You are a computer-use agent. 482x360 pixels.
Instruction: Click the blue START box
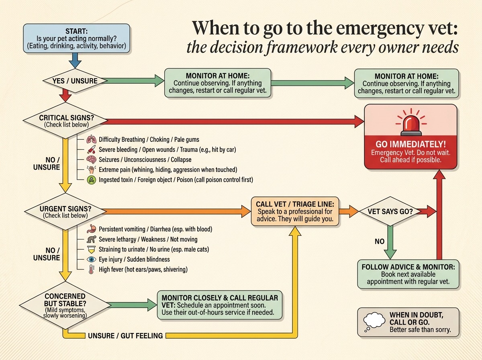click(x=76, y=39)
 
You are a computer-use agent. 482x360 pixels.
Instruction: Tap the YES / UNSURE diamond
click(x=75, y=81)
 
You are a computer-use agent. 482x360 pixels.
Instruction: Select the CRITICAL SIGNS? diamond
click(x=65, y=121)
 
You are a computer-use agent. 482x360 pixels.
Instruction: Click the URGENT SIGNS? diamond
click(x=65, y=211)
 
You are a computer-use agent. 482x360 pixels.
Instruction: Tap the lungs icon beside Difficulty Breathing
click(x=91, y=139)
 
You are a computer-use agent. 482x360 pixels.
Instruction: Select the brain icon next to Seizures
click(x=91, y=160)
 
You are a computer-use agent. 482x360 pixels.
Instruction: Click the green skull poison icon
click(x=91, y=180)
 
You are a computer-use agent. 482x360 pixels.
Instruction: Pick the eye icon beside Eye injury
click(x=91, y=260)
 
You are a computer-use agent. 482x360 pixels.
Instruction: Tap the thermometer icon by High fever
click(x=91, y=270)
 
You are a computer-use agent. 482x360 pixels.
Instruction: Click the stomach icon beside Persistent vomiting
click(x=91, y=229)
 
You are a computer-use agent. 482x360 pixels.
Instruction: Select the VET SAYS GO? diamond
click(x=390, y=211)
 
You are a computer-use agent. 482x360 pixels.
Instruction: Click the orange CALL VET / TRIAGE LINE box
click(x=295, y=211)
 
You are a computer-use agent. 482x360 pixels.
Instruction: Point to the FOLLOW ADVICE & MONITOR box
click(x=408, y=274)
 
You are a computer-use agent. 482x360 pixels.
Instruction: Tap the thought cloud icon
click(x=374, y=321)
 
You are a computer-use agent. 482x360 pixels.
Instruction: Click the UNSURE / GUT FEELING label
click(x=125, y=335)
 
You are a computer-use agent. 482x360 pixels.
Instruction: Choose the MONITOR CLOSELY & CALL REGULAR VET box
click(x=220, y=305)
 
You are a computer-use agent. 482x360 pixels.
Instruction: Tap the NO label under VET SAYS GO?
click(x=380, y=241)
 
